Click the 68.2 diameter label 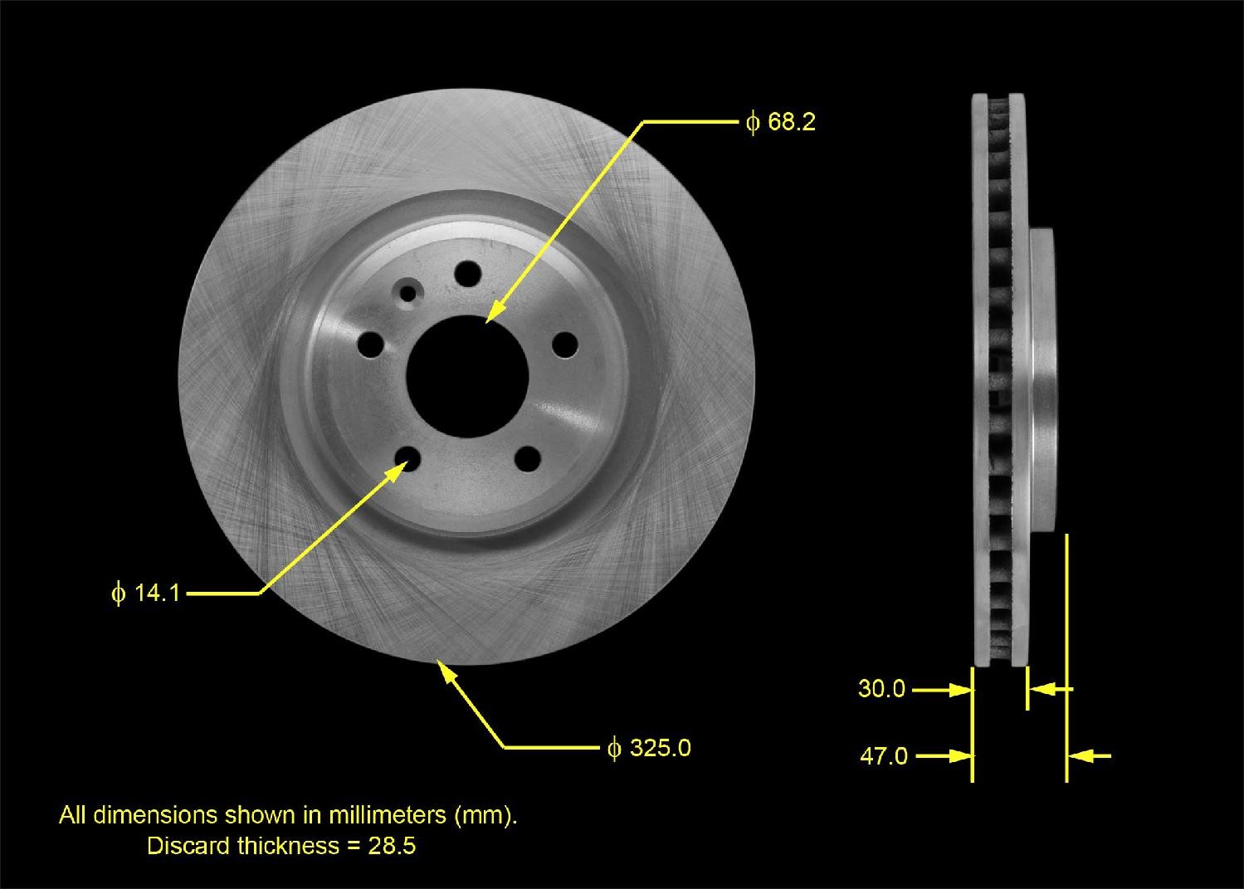click(x=781, y=123)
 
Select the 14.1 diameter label click(x=146, y=593)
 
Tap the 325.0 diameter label click(x=649, y=748)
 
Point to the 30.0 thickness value click(x=881, y=689)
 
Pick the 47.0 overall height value click(x=883, y=756)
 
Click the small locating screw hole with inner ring click(x=408, y=292)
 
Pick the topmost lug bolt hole click(x=469, y=273)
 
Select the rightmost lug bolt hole click(x=564, y=344)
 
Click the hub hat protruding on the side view click(x=1043, y=378)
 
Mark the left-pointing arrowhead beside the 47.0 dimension click(x=1080, y=756)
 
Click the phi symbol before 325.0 click(x=614, y=749)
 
